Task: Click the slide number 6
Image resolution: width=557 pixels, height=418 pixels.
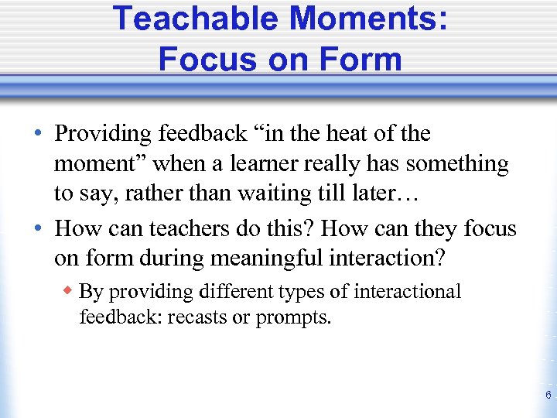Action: click(x=548, y=396)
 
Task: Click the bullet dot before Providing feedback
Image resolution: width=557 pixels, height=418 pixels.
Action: click(x=39, y=134)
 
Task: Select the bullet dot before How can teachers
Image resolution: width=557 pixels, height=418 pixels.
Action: click(x=39, y=229)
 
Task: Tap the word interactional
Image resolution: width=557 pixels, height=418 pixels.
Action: click(x=406, y=292)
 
